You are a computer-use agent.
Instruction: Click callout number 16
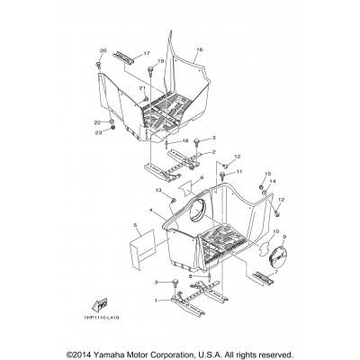[199, 50]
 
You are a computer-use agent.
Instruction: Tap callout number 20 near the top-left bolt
[102, 50]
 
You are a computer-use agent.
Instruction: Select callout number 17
[147, 55]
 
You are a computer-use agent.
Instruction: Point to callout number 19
[161, 60]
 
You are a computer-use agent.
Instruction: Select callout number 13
[157, 191]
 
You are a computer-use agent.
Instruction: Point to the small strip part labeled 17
[124, 58]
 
